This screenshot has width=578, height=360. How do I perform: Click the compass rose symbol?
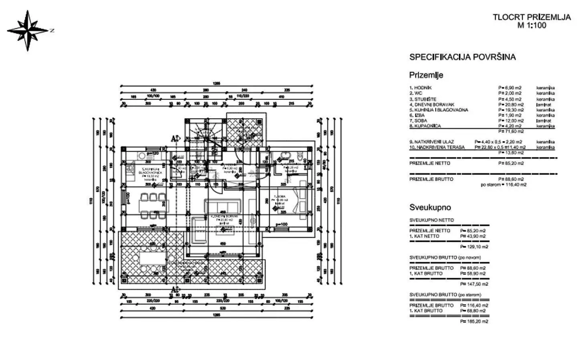click(27, 30)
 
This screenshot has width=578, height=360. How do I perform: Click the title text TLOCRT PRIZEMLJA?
click(531, 17)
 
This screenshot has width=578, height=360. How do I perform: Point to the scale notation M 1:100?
click(532, 25)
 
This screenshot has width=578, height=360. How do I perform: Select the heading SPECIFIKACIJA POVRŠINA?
click(462, 57)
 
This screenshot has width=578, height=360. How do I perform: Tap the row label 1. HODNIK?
click(420, 87)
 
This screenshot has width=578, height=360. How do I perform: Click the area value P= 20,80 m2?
click(510, 104)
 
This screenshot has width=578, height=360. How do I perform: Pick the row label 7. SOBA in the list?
click(418, 120)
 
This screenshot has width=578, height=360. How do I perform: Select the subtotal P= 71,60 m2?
click(511, 131)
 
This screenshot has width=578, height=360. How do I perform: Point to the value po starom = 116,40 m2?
click(503, 185)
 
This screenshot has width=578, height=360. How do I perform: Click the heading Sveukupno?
click(430, 207)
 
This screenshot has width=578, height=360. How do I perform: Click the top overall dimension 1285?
click(217, 83)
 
